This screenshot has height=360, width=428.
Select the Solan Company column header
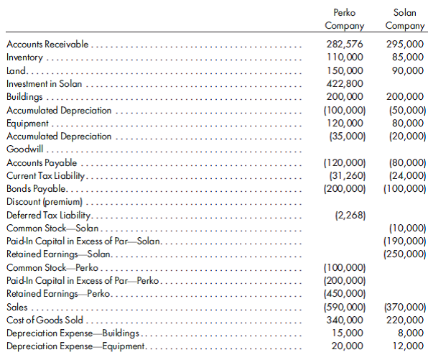pyautogui.click(x=404, y=19)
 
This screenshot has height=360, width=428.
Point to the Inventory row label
pyautogui.click(x=24, y=57)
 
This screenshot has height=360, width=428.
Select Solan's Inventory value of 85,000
pyautogui.click(x=408, y=57)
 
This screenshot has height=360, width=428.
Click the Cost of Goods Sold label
pyautogui.click(x=45, y=320)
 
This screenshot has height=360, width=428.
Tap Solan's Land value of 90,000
pyautogui.click(x=408, y=71)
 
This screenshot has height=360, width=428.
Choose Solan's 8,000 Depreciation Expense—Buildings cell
pyautogui.click(x=411, y=333)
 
